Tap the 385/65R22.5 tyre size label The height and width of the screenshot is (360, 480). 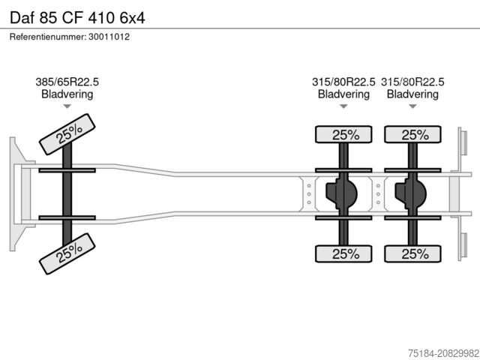67,82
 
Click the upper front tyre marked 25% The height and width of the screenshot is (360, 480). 68,133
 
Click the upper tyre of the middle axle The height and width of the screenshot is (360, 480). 344,135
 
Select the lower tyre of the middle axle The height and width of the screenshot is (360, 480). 344,253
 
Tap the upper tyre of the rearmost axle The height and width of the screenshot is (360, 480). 413,135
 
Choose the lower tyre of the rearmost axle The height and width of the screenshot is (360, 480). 413,253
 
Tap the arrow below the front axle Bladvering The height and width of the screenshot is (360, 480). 67,106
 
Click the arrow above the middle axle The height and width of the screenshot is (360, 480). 343,106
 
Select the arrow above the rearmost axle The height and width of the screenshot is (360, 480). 412,106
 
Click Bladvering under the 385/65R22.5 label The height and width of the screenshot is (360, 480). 67,94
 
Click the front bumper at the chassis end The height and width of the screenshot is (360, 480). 16,194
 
